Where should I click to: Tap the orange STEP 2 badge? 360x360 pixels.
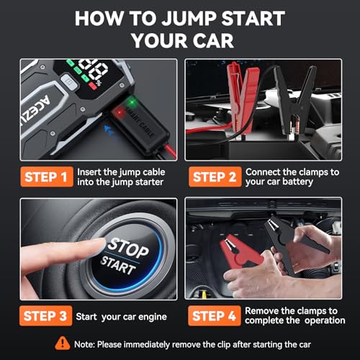212,177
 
